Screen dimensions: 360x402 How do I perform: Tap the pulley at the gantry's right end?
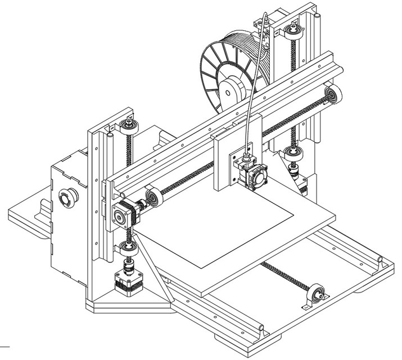point(333,96)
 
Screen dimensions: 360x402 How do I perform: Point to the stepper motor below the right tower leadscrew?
point(302,183)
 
